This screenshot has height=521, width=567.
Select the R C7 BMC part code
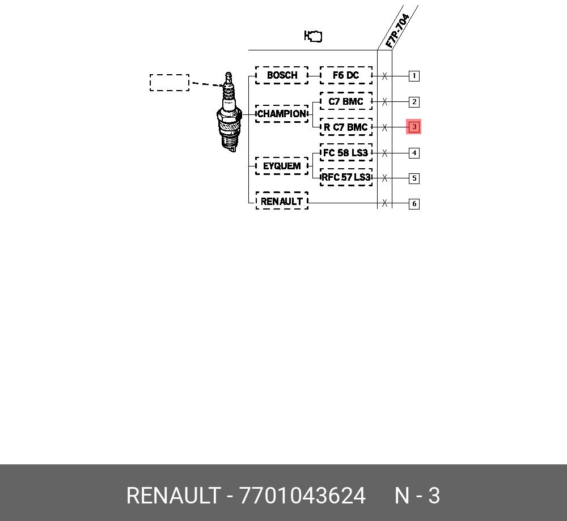coord(346,127)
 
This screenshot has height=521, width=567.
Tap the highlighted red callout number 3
coord(414,127)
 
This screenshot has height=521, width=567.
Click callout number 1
coord(414,76)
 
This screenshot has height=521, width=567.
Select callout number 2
coord(414,102)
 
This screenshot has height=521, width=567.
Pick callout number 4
coord(414,153)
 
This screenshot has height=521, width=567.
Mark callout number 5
coord(414,178)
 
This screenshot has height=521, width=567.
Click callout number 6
coord(414,204)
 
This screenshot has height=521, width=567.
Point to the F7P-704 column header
coord(397,31)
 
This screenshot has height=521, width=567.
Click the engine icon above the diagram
coord(313,36)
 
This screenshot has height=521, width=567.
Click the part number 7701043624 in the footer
coord(302,496)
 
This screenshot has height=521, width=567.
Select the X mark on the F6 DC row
coord(384,76)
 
